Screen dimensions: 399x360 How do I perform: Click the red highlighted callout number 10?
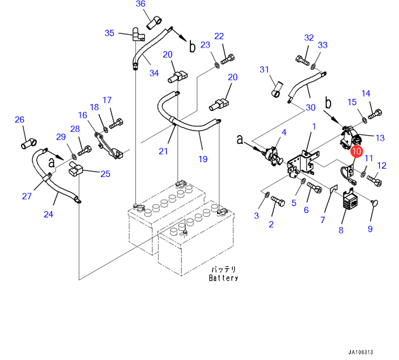point(356,151)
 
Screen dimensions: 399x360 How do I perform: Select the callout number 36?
point(140,4)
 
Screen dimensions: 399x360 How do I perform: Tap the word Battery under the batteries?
point(223,278)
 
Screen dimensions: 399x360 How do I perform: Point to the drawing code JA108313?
point(360,352)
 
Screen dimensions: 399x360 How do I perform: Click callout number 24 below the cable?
point(48,214)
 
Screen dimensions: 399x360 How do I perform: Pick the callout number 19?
point(203,159)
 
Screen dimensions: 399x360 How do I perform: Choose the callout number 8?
point(341,230)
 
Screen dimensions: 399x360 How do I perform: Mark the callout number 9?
point(370,229)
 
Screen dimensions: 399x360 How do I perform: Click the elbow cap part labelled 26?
point(29,144)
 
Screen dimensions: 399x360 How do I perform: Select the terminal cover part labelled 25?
point(75,169)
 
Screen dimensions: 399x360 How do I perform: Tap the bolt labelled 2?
point(278,201)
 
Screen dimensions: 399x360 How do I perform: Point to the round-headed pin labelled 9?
point(374,203)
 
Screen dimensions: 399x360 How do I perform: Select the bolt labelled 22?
point(228,59)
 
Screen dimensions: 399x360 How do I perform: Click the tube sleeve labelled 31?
point(277,89)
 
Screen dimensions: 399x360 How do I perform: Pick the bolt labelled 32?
point(303,60)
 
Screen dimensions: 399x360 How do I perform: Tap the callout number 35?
point(110,33)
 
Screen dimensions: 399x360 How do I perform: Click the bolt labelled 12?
point(374,181)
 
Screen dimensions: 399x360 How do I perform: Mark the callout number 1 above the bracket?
point(314,127)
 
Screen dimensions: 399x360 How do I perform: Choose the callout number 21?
point(163,151)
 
